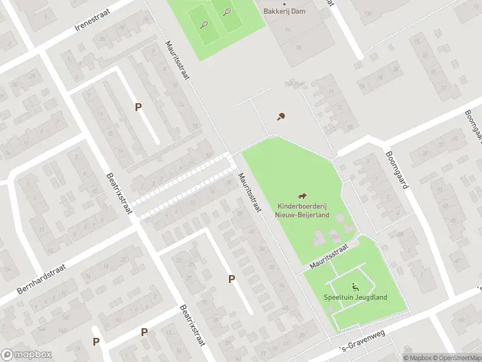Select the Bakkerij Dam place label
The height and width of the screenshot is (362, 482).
(x=286, y=11)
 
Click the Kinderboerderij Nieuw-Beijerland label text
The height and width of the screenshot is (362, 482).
(x=303, y=209)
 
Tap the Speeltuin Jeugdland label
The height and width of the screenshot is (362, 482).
(x=355, y=297)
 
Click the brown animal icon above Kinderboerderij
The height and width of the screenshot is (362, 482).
(x=303, y=195)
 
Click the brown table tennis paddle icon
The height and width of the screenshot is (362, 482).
(x=280, y=116)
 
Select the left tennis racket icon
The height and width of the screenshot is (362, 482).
(x=204, y=25)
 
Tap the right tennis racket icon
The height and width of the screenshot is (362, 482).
(x=227, y=11)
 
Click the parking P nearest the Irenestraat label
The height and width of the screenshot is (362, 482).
(x=138, y=107)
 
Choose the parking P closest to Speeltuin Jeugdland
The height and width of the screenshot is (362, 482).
(x=231, y=279)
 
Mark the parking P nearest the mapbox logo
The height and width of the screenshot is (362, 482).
(x=96, y=341)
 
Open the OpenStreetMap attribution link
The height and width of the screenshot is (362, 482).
(x=454, y=358)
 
